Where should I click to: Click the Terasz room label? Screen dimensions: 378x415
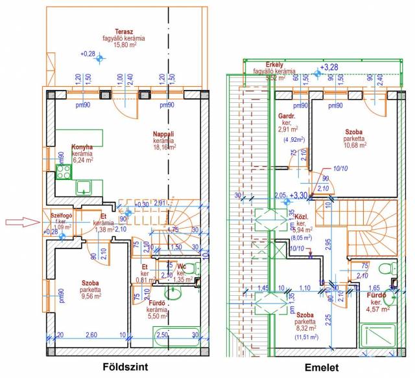click(x=120, y=31)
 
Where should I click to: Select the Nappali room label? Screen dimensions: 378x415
click(x=164, y=133)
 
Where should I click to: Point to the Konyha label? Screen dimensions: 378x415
click(x=82, y=146)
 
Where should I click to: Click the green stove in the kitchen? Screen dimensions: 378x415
click(x=64, y=172)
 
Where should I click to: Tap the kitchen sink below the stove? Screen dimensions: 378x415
click(x=84, y=188)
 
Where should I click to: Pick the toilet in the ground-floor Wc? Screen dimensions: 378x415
click(x=196, y=270)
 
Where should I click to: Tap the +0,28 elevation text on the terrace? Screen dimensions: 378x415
click(x=88, y=54)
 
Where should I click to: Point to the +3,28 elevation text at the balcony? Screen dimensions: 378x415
click(x=329, y=67)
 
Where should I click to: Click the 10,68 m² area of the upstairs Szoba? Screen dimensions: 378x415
click(x=355, y=145)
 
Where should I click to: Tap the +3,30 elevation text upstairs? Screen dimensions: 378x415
click(x=299, y=195)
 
